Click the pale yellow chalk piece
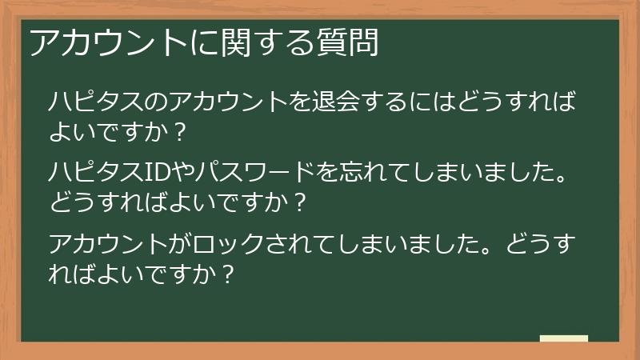[x=564, y=338]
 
